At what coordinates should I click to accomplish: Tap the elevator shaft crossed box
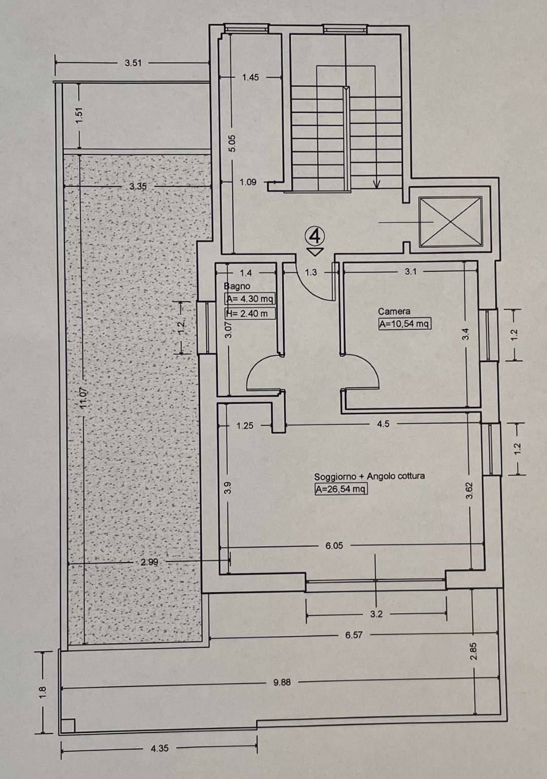pyautogui.click(x=451, y=222)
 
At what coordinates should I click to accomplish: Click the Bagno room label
pyautogui.click(x=237, y=286)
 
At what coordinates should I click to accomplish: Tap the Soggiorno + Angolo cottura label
pyautogui.click(x=369, y=476)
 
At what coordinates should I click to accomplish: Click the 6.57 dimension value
pyautogui.click(x=354, y=635)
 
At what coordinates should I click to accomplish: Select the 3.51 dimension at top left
pyautogui.click(x=133, y=63)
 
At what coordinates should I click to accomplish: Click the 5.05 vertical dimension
pyautogui.click(x=232, y=143)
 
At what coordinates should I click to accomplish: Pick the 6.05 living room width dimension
pyautogui.click(x=334, y=545)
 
